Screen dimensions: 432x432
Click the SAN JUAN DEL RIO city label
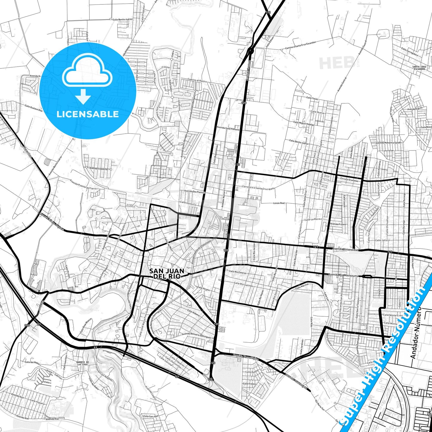pos(167,274)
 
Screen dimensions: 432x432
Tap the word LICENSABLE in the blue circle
pos(88,114)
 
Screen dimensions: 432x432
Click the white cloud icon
pos(87,71)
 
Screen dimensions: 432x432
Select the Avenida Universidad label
pos(342,249)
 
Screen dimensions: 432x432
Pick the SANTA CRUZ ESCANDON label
pos(419,68)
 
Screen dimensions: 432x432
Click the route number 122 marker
pos(268,12)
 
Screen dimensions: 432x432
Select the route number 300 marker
pos(27,325)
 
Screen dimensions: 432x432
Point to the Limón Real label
pos(279,203)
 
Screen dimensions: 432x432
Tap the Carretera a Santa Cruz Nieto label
pos(258,187)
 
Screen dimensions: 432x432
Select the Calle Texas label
pos(312,98)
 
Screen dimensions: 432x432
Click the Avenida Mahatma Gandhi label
pos(388,143)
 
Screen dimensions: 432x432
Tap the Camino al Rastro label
pos(197,81)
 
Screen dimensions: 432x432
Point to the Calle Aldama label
pos(193,312)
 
